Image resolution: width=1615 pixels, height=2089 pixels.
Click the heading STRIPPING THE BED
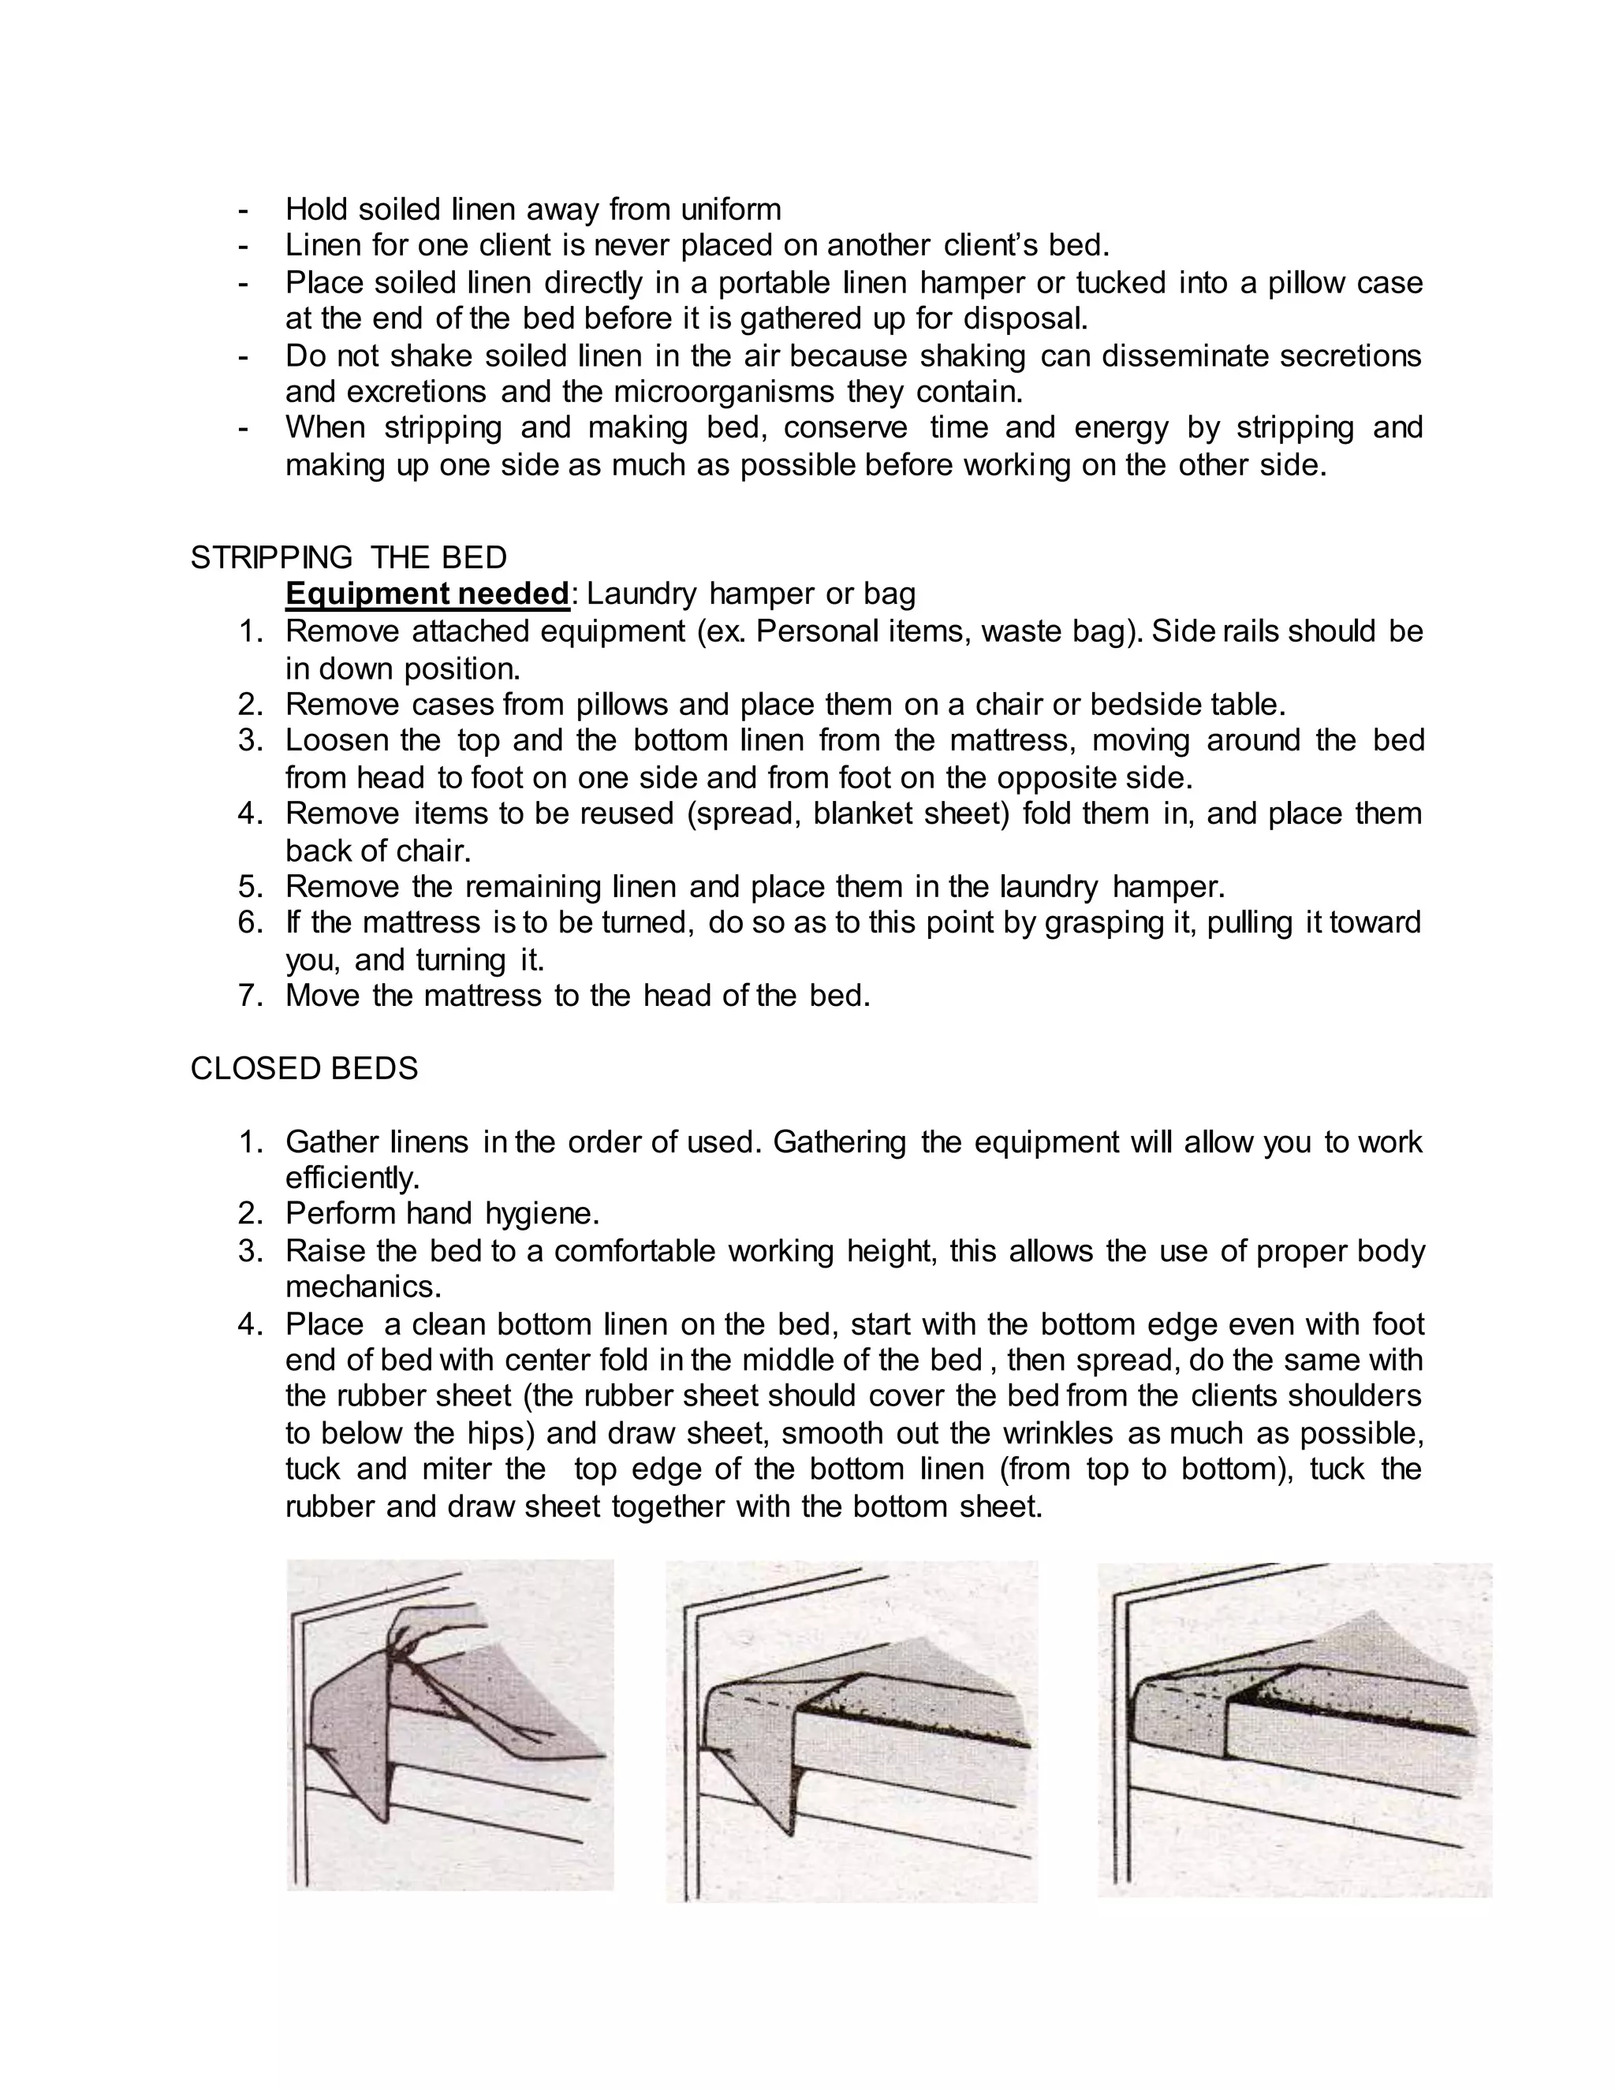(349, 557)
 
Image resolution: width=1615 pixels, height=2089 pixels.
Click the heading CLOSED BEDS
(304, 1068)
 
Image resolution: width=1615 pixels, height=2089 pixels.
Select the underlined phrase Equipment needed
(427, 594)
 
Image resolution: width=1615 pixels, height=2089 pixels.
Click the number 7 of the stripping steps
(250, 996)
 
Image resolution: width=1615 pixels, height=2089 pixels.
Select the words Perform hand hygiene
(442, 1214)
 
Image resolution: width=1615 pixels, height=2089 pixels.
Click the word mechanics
(363, 1287)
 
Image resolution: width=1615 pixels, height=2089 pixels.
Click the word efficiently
(352, 1178)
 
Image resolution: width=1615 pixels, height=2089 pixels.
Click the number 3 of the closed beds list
(250, 1251)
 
